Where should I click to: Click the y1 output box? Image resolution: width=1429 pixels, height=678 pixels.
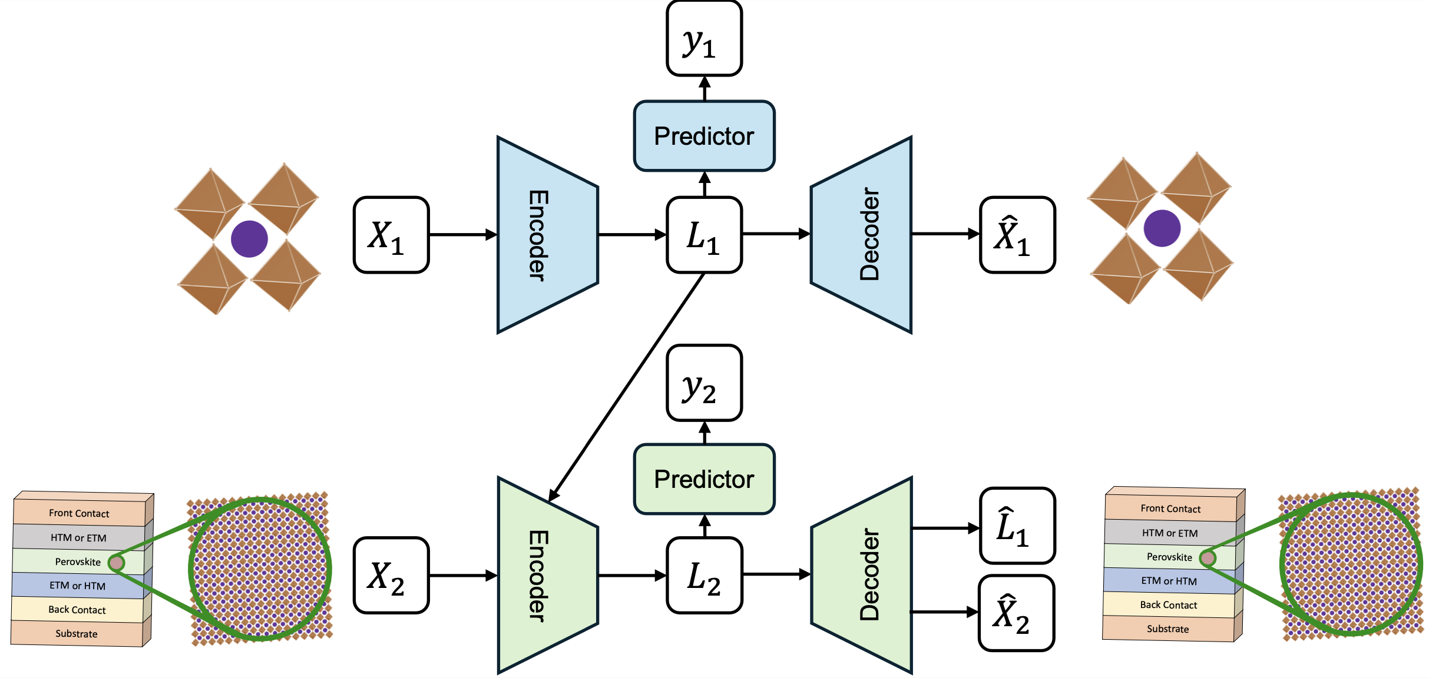point(704,39)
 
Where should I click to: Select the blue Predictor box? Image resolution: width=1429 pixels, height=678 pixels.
point(704,136)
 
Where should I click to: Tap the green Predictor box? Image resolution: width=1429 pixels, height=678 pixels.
point(704,479)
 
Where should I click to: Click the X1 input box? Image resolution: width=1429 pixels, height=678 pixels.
point(391,235)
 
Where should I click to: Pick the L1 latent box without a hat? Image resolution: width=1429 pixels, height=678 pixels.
point(704,235)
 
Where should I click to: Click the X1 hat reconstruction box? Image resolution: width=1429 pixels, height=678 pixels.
point(1017,235)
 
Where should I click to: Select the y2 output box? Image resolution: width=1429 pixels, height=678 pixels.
point(704,383)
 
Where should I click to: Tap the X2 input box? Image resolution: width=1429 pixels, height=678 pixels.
point(391,575)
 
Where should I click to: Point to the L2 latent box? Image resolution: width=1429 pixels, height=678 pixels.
point(704,575)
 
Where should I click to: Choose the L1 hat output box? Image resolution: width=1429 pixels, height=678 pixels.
point(1017,526)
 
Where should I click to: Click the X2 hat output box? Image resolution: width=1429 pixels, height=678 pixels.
point(1016,613)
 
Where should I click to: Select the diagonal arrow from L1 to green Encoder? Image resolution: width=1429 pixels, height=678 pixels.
point(627,385)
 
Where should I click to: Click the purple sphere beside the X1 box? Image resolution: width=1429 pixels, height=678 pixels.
point(249,239)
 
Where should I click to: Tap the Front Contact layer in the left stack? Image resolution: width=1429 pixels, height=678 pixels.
point(79,513)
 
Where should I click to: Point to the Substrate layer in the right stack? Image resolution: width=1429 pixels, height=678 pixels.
point(1167,629)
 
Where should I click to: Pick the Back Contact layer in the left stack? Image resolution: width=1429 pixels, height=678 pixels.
point(77,610)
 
